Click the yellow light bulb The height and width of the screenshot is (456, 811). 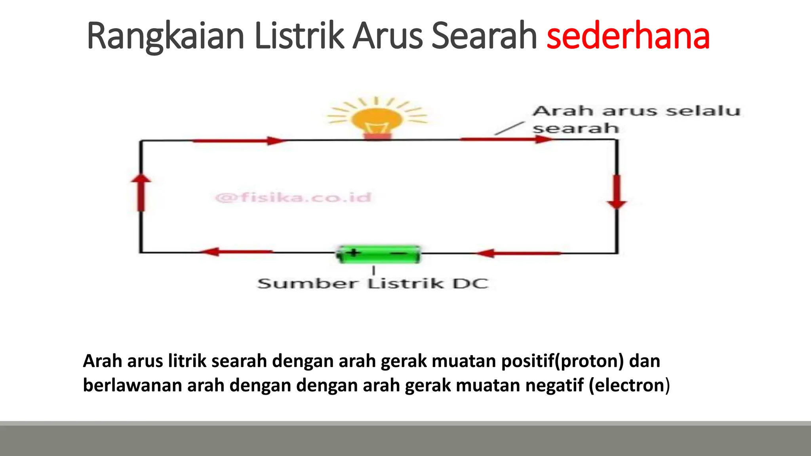tap(377, 119)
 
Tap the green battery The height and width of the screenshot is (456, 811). tap(378, 254)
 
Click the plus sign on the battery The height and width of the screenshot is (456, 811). tap(354, 253)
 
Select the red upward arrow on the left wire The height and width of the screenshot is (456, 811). tap(141, 192)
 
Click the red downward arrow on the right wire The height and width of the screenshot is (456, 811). tap(617, 192)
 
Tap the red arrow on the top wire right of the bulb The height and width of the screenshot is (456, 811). tap(507, 139)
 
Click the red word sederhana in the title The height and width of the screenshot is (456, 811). tap(628, 36)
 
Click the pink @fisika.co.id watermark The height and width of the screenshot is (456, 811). tap(293, 197)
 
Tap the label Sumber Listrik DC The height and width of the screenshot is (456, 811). tap(373, 283)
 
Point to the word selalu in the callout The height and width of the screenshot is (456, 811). tap(703, 111)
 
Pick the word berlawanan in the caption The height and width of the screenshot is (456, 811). tap(132, 385)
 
